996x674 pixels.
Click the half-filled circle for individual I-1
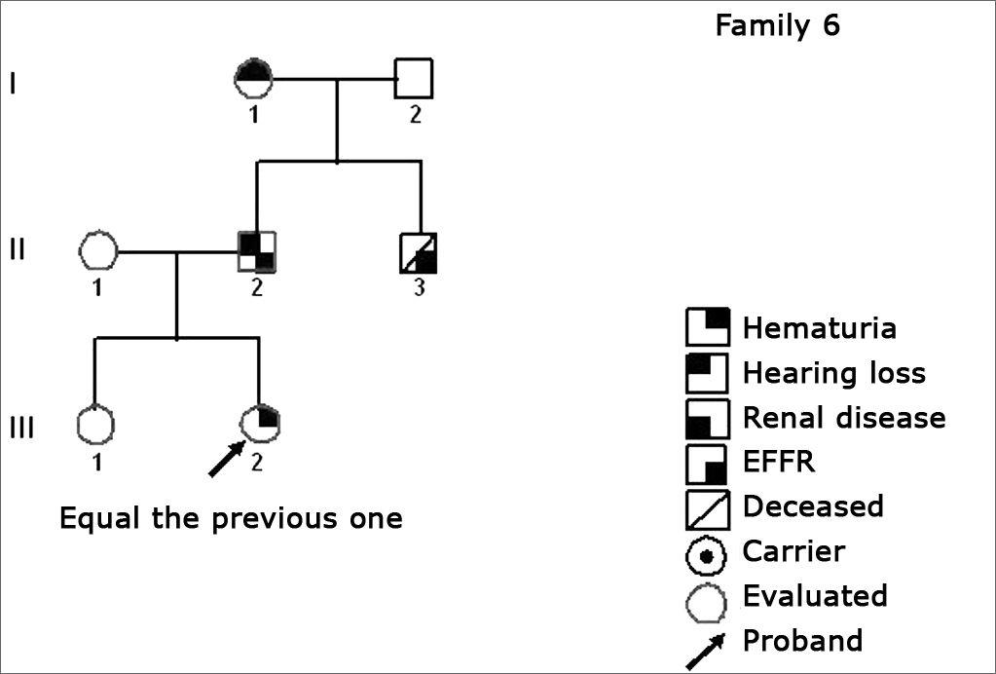point(254,78)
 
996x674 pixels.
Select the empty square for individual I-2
point(413,78)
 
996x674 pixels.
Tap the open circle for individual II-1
point(97,251)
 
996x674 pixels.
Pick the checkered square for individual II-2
point(258,251)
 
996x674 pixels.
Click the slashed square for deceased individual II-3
point(420,252)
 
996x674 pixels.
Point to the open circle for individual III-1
point(95,425)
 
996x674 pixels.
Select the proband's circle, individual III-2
point(259,422)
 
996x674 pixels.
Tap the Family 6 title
point(777,25)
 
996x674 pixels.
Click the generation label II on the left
point(16,250)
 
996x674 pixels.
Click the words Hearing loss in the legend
point(833,373)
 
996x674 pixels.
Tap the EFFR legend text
point(778,463)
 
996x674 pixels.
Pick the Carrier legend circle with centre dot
point(708,553)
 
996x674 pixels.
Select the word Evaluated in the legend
point(814,595)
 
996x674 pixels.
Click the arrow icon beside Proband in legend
point(706,650)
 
